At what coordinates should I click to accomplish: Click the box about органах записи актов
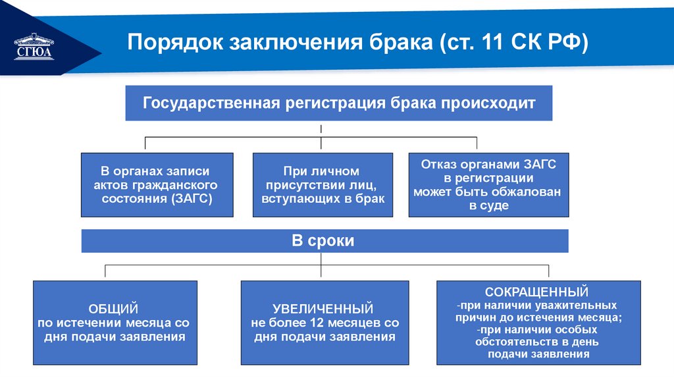tap(157, 185)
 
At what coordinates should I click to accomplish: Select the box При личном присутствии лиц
tap(323, 185)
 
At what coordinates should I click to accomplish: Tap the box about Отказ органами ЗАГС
tap(488, 185)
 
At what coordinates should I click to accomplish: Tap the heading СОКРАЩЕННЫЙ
tap(536, 291)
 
